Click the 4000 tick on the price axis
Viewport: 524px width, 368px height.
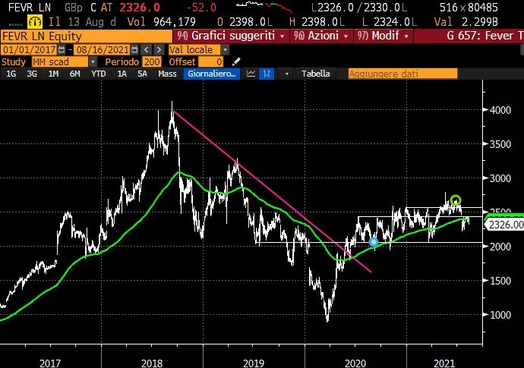[498, 109]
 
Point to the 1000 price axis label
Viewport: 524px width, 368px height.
[498, 314]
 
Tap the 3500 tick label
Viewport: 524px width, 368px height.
[498, 143]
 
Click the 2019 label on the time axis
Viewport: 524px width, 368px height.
[252, 361]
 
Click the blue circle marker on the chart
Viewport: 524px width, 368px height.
[374, 242]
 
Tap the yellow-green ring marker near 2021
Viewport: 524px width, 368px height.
[455, 200]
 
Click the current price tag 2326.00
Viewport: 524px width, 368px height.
[504, 225]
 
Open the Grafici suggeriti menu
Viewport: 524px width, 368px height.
[230, 36]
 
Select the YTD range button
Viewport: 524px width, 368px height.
[98, 74]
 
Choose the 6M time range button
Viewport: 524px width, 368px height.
[74, 74]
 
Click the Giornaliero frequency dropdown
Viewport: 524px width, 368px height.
[213, 74]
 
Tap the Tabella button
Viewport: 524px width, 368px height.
[315, 74]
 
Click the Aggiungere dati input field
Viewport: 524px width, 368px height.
[402, 74]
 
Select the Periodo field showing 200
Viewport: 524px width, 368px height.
[151, 61]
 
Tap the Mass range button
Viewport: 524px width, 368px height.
[167, 74]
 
